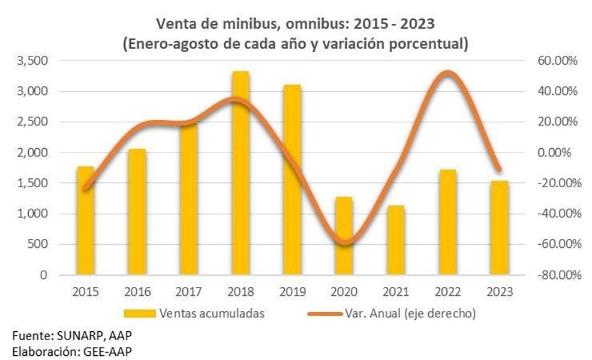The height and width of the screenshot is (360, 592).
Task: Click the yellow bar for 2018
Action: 241,174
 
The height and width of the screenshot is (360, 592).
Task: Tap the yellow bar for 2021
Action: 395,240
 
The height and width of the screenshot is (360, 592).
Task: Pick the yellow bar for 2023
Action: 499,228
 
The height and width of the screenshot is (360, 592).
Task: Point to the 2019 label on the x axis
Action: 292,292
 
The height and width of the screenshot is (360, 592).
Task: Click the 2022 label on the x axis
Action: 447,292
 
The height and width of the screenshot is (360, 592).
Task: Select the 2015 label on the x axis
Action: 85,292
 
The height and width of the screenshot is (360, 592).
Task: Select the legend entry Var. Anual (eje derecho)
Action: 410,313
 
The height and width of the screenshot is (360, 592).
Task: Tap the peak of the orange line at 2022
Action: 448,73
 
